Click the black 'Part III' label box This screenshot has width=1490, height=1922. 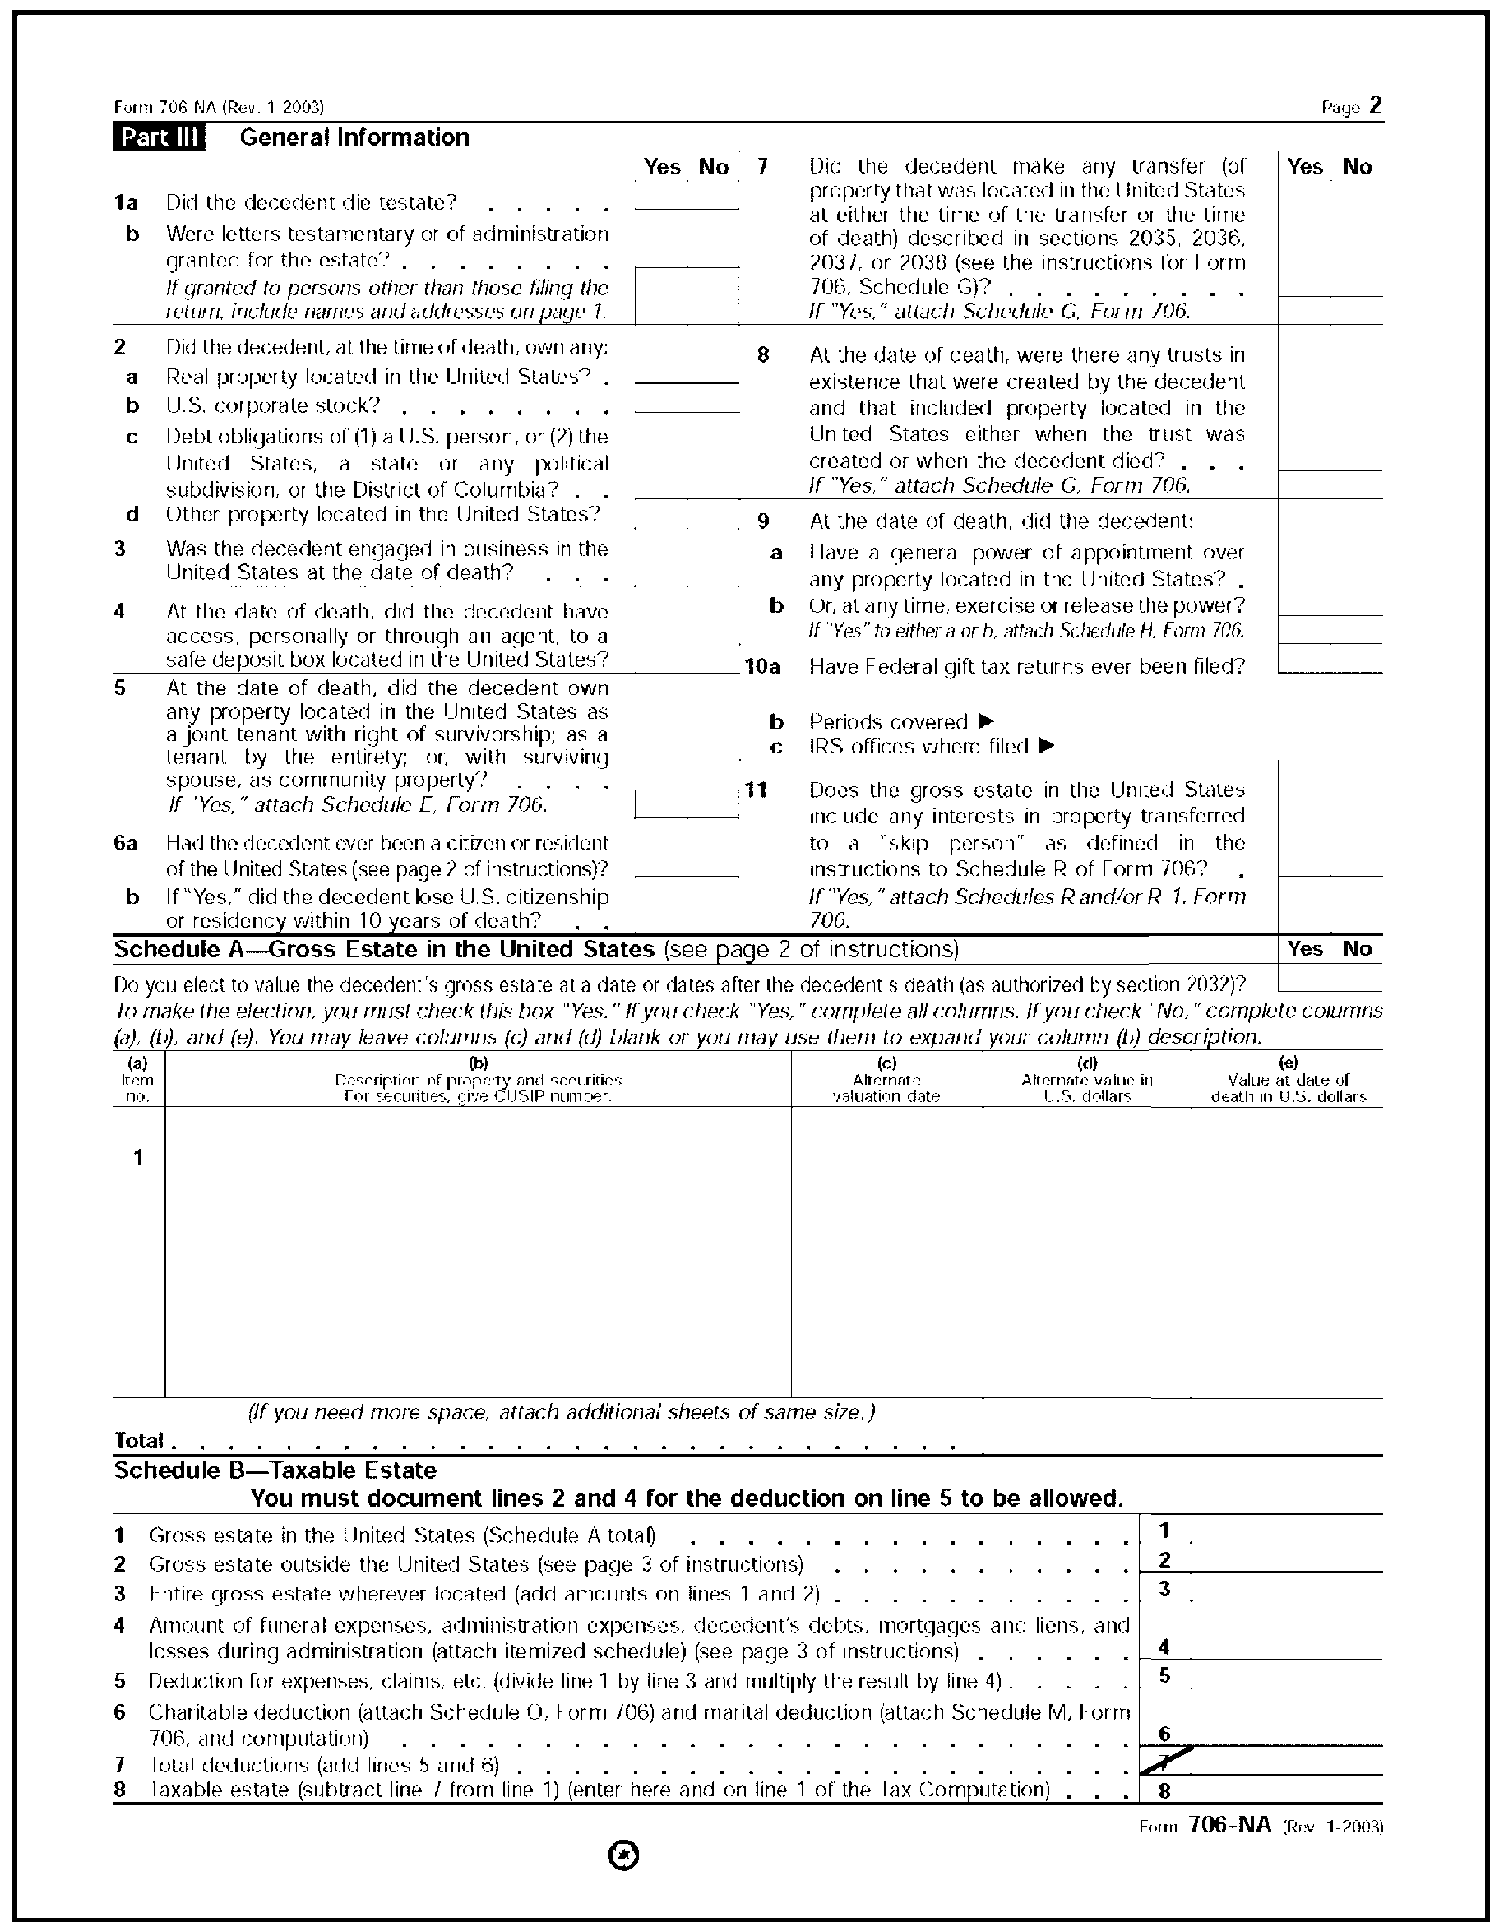[160, 138]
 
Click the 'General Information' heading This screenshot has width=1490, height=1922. [354, 137]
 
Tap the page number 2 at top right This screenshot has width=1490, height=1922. [1376, 105]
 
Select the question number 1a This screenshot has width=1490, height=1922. [126, 202]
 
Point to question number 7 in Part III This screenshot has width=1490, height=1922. [763, 166]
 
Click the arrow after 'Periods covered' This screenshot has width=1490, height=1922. [986, 720]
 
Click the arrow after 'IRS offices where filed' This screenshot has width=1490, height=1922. [1047, 745]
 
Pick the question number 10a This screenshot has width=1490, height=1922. [762, 666]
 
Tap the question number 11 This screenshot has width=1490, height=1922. [756, 790]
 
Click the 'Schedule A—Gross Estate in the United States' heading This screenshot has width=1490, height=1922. [385, 949]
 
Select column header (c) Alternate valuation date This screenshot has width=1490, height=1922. [886, 1080]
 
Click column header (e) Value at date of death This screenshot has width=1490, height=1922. [1289, 1080]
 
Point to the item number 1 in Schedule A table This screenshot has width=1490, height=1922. [138, 1157]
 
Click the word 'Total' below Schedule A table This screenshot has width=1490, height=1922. [139, 1440]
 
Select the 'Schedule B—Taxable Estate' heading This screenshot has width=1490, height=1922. [275, 1470]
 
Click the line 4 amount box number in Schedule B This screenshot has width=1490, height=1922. [1164, 1646]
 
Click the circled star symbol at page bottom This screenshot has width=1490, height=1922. [624, 1855]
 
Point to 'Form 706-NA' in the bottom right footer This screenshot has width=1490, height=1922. [1229, 1824]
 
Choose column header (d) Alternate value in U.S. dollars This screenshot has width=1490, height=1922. [1087, 1080]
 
